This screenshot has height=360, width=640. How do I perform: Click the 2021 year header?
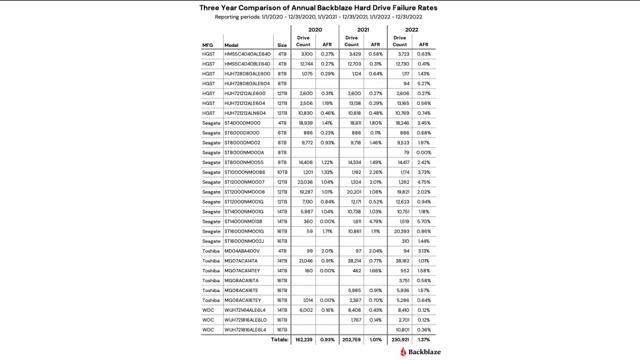362,30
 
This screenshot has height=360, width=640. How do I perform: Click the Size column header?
282,45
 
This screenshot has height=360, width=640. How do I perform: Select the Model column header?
231,45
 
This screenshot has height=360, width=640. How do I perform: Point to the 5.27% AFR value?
424,83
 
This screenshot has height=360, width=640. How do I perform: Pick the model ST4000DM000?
242,123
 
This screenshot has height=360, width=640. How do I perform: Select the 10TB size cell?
282,171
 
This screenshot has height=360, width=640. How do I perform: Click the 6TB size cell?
282,133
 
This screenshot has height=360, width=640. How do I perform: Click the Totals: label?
280,340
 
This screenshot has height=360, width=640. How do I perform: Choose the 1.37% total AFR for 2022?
424,340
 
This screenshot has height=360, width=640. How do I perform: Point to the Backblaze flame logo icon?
404,352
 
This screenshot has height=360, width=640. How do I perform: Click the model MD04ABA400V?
242,251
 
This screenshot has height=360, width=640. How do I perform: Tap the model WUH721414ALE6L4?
246,309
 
